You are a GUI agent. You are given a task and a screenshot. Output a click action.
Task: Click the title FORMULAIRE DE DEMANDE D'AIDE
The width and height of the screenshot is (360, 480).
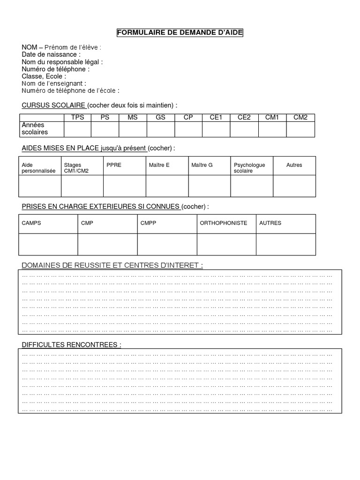tap(180, 32)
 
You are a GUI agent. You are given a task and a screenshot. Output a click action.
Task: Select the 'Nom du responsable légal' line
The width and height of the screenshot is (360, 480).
tap(62, 62)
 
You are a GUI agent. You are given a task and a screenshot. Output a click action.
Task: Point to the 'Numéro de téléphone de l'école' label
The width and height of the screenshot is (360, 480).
tap(70, 90)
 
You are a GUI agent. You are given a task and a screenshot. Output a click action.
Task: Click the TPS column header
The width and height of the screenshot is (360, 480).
tap(77, 118)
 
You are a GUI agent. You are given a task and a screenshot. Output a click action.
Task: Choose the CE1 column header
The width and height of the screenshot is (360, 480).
tap(216, 118)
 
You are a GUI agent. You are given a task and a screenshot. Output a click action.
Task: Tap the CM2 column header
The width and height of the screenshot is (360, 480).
tap(300, 118)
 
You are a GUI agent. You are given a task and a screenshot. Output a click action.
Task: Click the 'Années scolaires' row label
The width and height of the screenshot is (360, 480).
tap(35, 129)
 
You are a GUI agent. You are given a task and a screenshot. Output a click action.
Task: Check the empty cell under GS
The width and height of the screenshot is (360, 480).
tap(161, 129)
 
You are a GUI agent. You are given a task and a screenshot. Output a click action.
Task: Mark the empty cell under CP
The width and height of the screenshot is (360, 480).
tap(188, 129)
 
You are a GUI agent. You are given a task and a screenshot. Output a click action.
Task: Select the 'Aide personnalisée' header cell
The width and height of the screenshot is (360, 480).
tap(39, 168)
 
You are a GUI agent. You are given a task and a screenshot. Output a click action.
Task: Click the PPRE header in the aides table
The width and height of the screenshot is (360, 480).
tap(114, 165)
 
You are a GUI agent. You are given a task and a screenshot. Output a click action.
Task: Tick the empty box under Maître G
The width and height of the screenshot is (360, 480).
tap(210, 186)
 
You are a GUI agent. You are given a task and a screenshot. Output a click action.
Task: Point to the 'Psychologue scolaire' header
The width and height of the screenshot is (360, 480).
tap(249, 168)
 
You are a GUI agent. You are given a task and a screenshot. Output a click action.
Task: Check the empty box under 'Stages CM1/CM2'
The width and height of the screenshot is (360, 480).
tap(82, 186)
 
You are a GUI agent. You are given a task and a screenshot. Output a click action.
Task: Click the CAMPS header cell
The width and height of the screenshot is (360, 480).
tap(31, 223)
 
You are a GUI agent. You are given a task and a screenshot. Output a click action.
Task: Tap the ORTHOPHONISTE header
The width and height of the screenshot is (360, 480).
tap(224, 223)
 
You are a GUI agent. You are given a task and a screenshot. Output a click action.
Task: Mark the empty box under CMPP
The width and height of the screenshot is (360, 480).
tap(167, 244)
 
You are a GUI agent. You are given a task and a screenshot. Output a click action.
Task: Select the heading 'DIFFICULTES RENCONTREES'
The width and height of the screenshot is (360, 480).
tap(71, 345)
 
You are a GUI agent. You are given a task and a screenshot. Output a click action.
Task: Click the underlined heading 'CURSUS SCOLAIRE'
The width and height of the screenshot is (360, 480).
tap(53, 105)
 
